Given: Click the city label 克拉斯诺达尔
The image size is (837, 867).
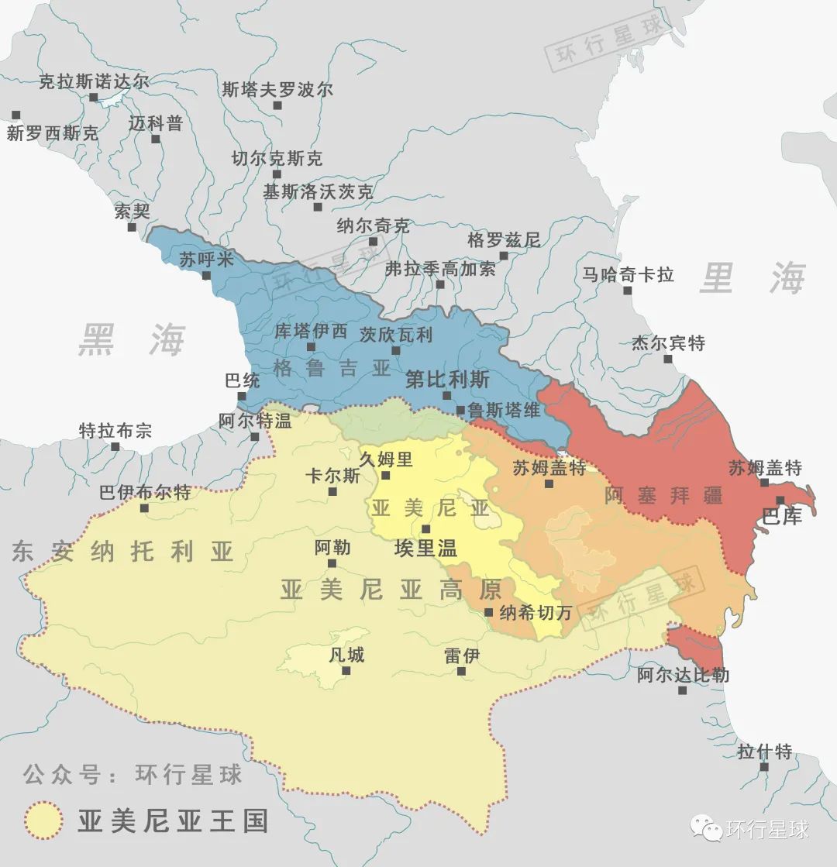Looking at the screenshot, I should tap(94, 81).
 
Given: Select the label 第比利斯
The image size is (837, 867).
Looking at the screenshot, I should tap(447, 380).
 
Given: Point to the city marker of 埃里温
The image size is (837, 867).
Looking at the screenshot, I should tap(425, 529).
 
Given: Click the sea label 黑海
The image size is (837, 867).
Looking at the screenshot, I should tap(132, 340).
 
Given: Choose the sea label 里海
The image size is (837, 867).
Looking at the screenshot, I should tap(752, 278).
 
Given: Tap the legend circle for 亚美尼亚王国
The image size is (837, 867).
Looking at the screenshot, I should tap(43, 821).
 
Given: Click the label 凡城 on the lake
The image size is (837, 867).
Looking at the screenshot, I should tap(346, 655).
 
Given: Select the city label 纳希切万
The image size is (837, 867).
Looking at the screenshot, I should tap(536, 612).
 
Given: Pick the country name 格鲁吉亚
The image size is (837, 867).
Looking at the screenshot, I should tap(332, 367).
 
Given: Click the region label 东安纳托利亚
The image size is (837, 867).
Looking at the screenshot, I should tap(122, 552).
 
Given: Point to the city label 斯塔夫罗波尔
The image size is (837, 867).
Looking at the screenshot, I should tap(277, 89).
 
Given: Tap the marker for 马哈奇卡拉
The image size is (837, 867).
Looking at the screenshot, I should tap(627, 291).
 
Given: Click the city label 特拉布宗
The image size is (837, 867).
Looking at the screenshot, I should tap(115, 432).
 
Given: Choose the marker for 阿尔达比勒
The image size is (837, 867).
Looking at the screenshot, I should tap(682, 690).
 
